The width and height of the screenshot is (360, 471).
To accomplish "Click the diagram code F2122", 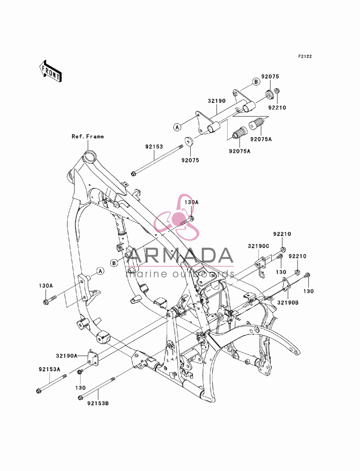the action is (x=305, y=56).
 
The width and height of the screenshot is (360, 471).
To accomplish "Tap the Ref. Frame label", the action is (x=87, y=136).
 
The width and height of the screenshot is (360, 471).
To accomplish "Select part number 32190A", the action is (x=67, y=356).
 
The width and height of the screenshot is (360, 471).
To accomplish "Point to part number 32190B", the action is (x=288, y=303).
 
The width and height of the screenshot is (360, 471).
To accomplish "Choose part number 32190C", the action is (x=258, y=246).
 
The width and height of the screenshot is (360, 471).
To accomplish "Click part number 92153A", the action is (x=49, y=370).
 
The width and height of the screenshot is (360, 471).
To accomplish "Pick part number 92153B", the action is (x=98, y=403).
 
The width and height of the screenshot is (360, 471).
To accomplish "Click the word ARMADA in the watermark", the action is (x=180, y=255).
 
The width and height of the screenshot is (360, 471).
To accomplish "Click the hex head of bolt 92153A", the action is (x=39, y=391).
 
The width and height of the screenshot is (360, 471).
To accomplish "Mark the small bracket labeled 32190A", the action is (x=93, y=358).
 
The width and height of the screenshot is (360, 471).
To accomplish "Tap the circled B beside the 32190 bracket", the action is (x=256, y=82).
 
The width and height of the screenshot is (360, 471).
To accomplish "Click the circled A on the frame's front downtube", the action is (x=100, y=271).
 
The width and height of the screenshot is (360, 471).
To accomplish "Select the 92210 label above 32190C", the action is (x=282, y=234).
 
